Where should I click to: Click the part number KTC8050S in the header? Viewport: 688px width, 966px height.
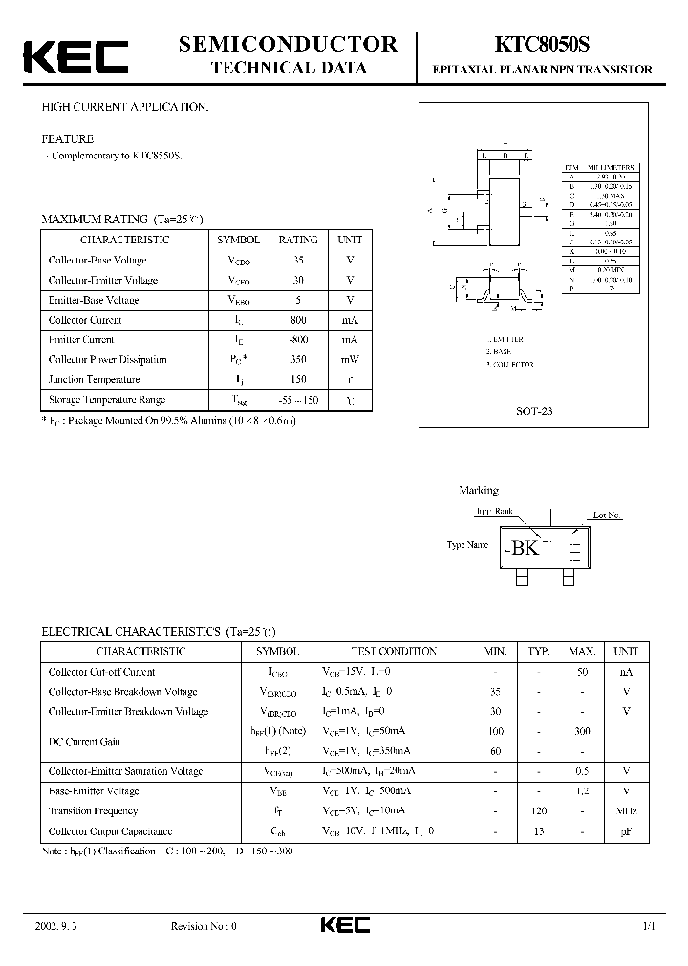[x=542, y=44]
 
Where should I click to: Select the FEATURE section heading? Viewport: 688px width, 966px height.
[x=67, y=138]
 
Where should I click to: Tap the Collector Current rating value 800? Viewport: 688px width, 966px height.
[x=299, y=320]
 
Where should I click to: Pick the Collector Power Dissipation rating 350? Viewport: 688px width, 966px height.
[x=299, y=360]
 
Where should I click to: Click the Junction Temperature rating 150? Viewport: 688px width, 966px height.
[x=299, y=379]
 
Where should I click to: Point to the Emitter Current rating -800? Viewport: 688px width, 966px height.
[x=299, y=340]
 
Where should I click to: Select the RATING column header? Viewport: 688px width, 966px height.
[x=299, y=241]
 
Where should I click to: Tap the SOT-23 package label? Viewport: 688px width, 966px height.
[x=533, y=410]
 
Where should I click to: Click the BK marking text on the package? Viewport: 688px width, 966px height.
[x=525, y=548]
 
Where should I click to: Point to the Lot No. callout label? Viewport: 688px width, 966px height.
[x=607, y=515]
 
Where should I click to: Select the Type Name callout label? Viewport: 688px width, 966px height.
[x=467, y=545]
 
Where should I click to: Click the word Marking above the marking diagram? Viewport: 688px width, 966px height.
[x=479, y=491]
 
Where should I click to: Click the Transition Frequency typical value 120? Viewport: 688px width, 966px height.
[x=539, y=811]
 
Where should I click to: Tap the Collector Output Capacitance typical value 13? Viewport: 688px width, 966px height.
[x=539, y=831]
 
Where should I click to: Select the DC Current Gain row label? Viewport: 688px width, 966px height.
[x=84, y=741]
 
